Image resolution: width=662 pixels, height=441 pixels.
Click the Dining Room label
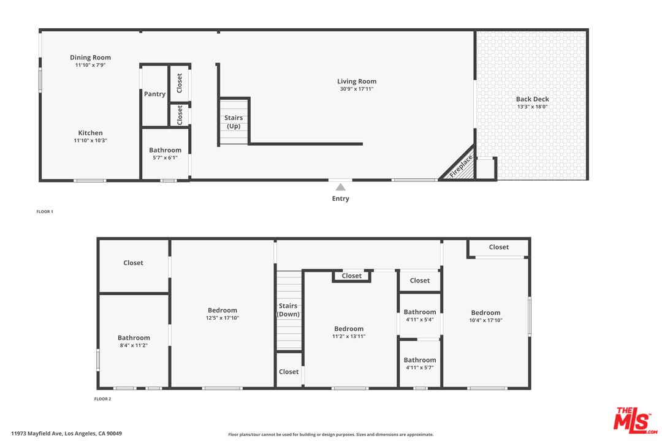click(x=90, y=58)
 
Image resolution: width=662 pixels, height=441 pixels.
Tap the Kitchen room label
click(x=90, y=133)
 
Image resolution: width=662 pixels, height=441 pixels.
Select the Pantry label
click(x=154, y=94)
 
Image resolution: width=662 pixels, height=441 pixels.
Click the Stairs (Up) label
click(x=234, y=122)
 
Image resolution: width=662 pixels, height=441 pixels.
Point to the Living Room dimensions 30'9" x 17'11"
click(x=357, y=89)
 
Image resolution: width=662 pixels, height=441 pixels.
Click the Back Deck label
click(x=532, y=99)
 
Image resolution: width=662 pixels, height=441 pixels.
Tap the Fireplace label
click(x=461, y=166)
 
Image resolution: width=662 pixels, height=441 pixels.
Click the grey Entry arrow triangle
click(x=340, y=187)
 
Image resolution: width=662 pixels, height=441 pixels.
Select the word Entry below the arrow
click(x=340, y=198)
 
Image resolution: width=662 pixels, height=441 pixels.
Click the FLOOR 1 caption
click(x=45, y=211)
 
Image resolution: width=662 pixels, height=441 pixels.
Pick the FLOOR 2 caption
click(x=102, y=399)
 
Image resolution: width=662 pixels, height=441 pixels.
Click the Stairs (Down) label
click(x=288, y=310)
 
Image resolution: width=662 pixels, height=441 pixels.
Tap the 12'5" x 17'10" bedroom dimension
click(x=222, y=318)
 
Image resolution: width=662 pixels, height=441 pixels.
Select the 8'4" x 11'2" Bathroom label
click(x=134, y=337)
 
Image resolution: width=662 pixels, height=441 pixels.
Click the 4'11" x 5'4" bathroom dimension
click(x=420, y=319)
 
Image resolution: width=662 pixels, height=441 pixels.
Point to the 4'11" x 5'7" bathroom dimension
click(x=420, y=367)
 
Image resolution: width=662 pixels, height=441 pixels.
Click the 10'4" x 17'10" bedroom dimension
click(x=485, y=320)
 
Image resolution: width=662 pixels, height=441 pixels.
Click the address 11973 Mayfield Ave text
click(x=66, y=434)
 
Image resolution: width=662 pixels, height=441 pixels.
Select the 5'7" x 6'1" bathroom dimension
click(x=165, y=157)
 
